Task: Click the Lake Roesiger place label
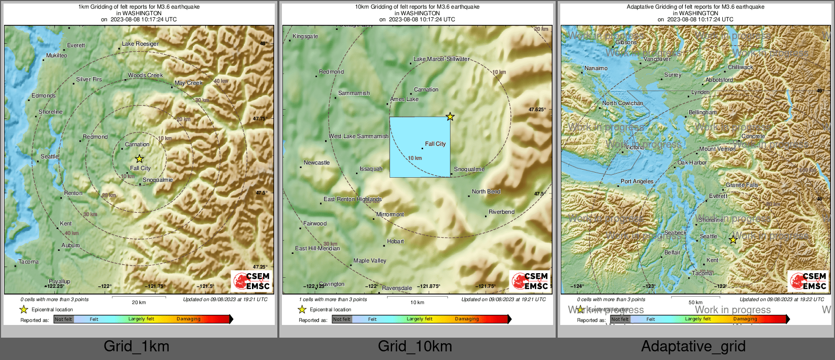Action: coord(140,44)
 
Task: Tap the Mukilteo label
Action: coord(56,55)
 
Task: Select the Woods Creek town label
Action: coord(145,75)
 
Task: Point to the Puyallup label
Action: coord(59,281)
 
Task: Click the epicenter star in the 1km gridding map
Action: coord(140,159)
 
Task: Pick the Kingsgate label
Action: coord(305,36)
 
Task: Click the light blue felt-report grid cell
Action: coord(420,147)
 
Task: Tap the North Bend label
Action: coord(486,191)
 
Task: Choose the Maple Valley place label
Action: coord(370,260)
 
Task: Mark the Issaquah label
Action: coord(371,169)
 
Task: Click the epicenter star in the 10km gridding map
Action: coord(450,117)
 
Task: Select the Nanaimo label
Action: coord(596,68)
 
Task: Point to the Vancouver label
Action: coord(657,59)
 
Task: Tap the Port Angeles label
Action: coord(637,181)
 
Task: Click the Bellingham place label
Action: coord(703,112)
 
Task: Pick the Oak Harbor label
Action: coord(692,162)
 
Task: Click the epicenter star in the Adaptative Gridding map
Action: coord(733,240)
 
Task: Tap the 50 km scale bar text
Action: coord(695,302)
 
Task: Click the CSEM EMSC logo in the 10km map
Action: coord(531,281)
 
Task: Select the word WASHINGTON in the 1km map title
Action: coord(142,13)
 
